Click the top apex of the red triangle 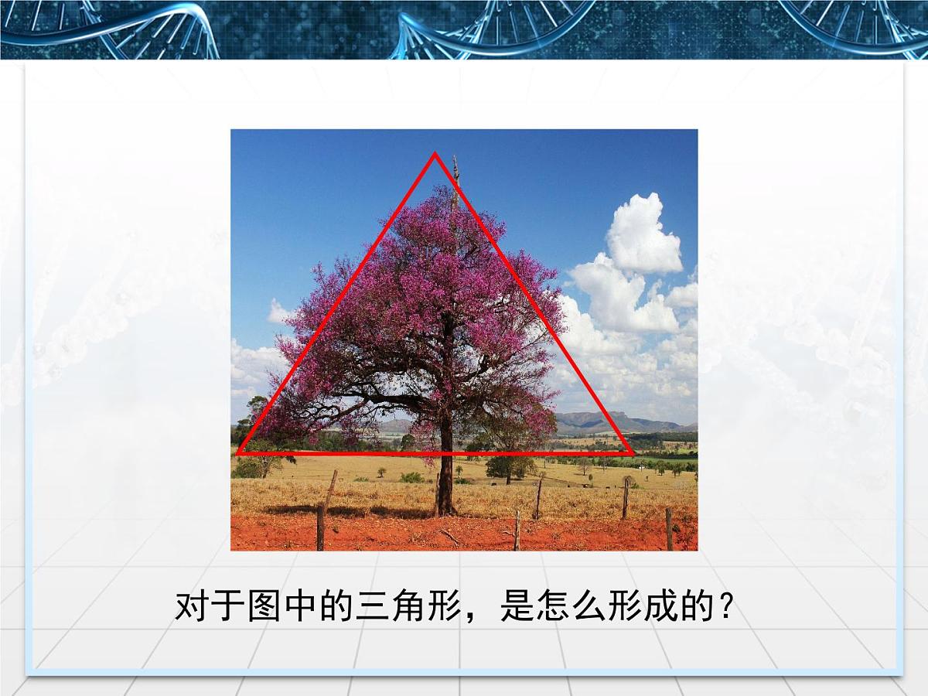435,155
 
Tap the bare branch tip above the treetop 455,162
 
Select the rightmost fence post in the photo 669,528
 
